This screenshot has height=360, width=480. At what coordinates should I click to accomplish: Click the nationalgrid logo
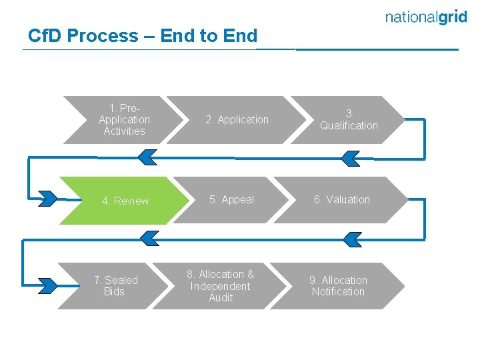point(426,18)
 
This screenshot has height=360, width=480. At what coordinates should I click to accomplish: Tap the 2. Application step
point(237,120)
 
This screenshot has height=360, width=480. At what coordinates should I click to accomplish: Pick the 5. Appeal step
point(231,200)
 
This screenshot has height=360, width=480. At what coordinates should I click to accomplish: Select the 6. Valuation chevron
point(342,200)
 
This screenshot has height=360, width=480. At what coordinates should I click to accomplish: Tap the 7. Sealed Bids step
point(115,286)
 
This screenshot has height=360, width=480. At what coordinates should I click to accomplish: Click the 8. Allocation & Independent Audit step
point(220,286)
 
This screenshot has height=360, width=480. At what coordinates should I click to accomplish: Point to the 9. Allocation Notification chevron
point(338,286)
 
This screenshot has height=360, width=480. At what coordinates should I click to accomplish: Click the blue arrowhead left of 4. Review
point(48,198)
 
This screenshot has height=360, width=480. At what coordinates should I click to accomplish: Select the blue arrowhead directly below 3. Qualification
point(350,158)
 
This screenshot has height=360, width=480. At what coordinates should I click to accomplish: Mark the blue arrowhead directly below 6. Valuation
point(350,238)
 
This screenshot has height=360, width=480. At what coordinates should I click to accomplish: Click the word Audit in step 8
point(221,298)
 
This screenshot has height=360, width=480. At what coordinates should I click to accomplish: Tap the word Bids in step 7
point(114,292)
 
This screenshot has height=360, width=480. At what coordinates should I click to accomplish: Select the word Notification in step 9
point(338,292)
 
